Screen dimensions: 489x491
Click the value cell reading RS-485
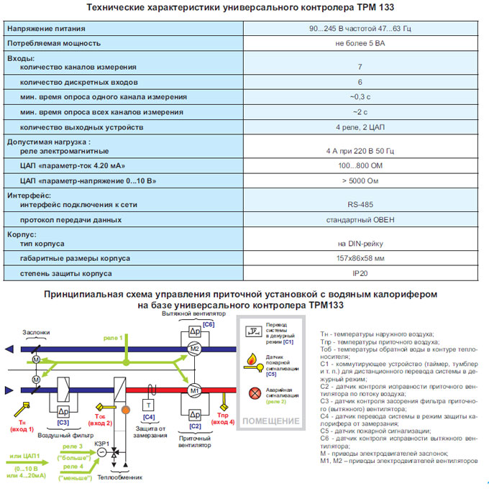[360, 204]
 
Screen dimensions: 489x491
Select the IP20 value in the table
[360, 273]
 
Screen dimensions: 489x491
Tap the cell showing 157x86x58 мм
[360, 258]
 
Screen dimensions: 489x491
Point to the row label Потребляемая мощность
[54, 43]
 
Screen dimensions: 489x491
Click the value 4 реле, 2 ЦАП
[360, 127]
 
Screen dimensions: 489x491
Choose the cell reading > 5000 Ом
[360, 181]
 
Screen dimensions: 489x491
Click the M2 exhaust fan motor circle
[195, 349]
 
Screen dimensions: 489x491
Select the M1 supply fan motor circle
[195, 390]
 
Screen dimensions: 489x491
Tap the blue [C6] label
[209, 324]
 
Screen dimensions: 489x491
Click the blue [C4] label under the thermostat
[149, 418]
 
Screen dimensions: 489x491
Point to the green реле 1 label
[113, 338]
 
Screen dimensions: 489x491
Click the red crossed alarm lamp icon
[255, 393]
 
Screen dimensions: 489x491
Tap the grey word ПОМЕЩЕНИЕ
[271, 421]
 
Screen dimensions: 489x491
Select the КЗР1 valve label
[102, 444]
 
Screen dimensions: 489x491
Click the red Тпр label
[223, 416]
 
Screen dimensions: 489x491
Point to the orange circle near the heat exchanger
[126, 410]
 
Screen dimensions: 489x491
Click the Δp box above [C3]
[63, 412]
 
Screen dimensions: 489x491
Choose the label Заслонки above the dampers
[36, 332]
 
